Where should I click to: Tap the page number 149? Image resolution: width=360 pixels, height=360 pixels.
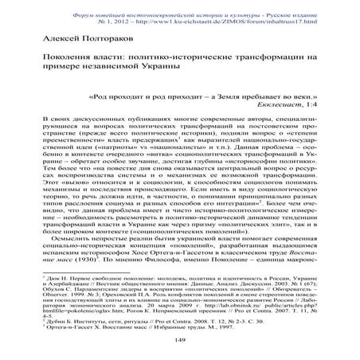pyautogui.click(x=179, y=340)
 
